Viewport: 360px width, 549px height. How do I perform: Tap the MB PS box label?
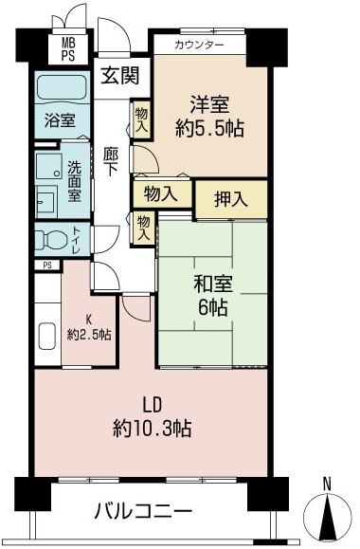pos(69,47)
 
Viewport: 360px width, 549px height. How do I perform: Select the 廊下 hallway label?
pos(112,157)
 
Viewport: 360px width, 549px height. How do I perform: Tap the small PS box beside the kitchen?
pos(46,265)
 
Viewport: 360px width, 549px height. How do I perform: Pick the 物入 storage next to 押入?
pos(161,193)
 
